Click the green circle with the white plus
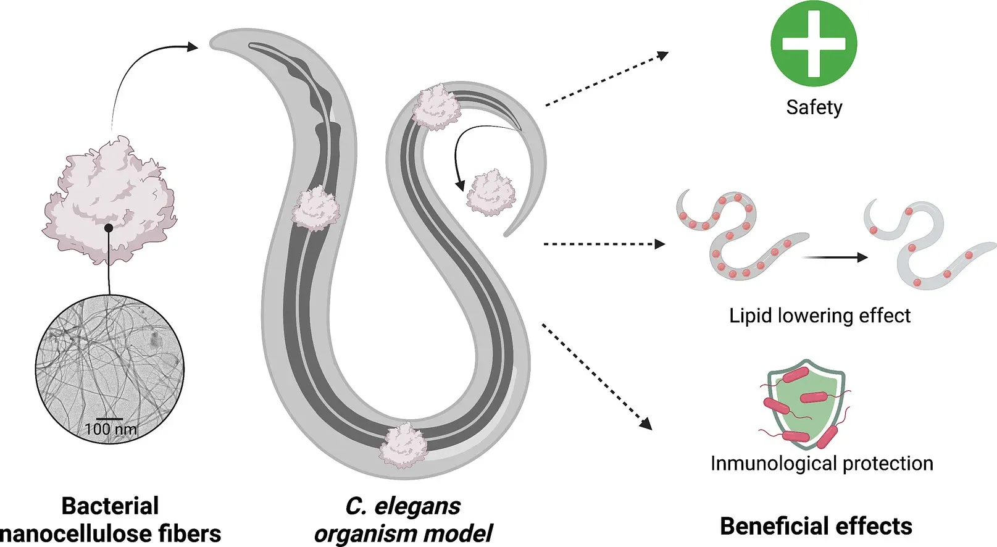tap(814, 43)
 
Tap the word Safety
tap(814, 107)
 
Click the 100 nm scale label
tap(111, 429)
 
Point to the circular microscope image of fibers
tap(109, 369)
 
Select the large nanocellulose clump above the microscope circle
tap(109, 199)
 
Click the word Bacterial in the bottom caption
tap(110, 506)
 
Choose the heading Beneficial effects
tap(816, 526)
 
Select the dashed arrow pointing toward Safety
tap(607, 79)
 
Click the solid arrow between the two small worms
tap(835, 257)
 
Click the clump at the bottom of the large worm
tap(403, 446)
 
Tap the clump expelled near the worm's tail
tap(491, 193)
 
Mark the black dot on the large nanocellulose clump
tap(108, 228)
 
